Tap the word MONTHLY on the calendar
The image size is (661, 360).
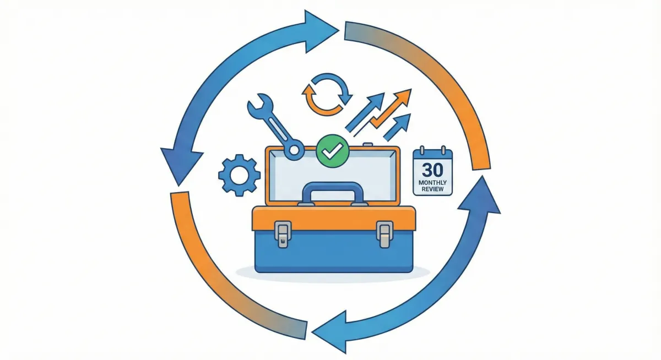[432, 182]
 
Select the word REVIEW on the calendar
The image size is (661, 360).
[432, 189]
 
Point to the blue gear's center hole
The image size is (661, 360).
[239, 175]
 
